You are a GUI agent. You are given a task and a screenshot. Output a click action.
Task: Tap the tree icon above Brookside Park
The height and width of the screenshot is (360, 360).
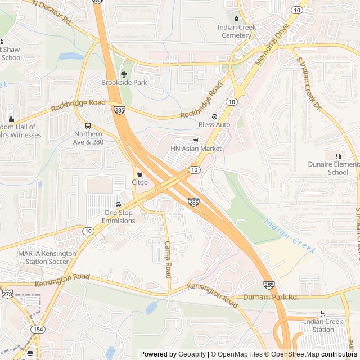[x=124, y=74]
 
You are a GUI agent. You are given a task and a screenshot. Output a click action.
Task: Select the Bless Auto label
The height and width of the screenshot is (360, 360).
[x=214, y=124]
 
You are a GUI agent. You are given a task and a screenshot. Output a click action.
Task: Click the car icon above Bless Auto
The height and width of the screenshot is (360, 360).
[x=214, y=116]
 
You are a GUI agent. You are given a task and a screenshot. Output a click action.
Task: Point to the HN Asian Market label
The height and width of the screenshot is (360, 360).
[x=196, y=148]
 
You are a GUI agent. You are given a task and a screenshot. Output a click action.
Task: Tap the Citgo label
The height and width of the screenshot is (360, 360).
[x=139, y=182]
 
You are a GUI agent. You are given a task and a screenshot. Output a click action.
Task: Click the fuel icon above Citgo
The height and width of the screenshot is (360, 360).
[x=139, y=174]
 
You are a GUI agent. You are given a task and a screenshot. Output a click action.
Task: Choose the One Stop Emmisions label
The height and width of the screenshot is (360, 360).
[x=119, y=217]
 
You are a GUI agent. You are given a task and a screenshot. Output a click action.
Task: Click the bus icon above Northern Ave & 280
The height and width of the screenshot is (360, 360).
[x=88, y=125]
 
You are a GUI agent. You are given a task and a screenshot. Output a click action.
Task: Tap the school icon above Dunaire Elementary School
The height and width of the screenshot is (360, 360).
[x=338, y=156]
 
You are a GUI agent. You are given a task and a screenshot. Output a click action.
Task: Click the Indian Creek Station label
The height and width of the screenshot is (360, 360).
[x=323, y=326]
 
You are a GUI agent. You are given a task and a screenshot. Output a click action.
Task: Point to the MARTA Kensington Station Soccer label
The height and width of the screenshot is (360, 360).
[x=47, y=257]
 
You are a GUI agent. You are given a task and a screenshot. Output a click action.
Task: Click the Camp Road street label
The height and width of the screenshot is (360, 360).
[x=168, y=260]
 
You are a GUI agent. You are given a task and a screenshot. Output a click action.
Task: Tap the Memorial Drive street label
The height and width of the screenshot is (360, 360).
[x=271, y=44]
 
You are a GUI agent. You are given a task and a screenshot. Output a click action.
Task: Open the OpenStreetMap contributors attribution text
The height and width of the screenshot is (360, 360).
[x=321, y=354]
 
